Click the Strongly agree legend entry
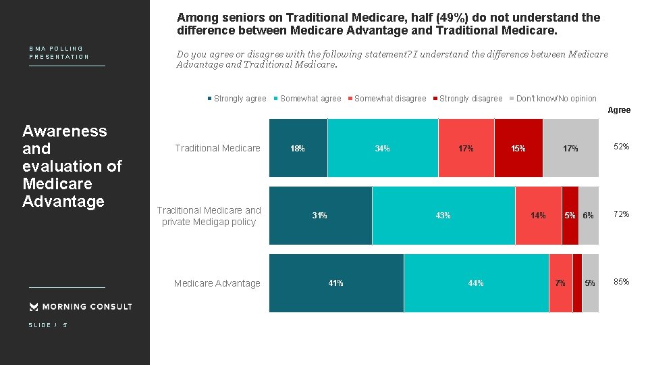click(x=237, y=99)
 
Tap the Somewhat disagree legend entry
click(x=387, y=99)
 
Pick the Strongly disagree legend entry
click(x=468, y=99)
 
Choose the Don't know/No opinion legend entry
click(x=553, y=99)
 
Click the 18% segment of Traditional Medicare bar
click(x=298, y=148)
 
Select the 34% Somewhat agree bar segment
click(x=383, y=148)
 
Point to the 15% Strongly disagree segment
click(x=518, y=148)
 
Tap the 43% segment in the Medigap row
click(x=443, y=216)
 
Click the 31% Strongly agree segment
click(x=320, y=216)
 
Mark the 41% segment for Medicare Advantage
click(x=336, y=283)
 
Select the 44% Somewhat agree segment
click(x=476, y=283)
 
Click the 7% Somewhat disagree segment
click(x=560, y=283)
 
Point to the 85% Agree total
click(x=621, y=282)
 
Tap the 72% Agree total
click(x=621, y=214)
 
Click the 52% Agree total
click(x=621, y=147)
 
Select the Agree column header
click(x=619, y=110)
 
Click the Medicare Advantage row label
click(x=217, y=283)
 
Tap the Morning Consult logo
click(x=80, y=307)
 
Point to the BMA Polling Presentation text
click(x=59, y=53)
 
